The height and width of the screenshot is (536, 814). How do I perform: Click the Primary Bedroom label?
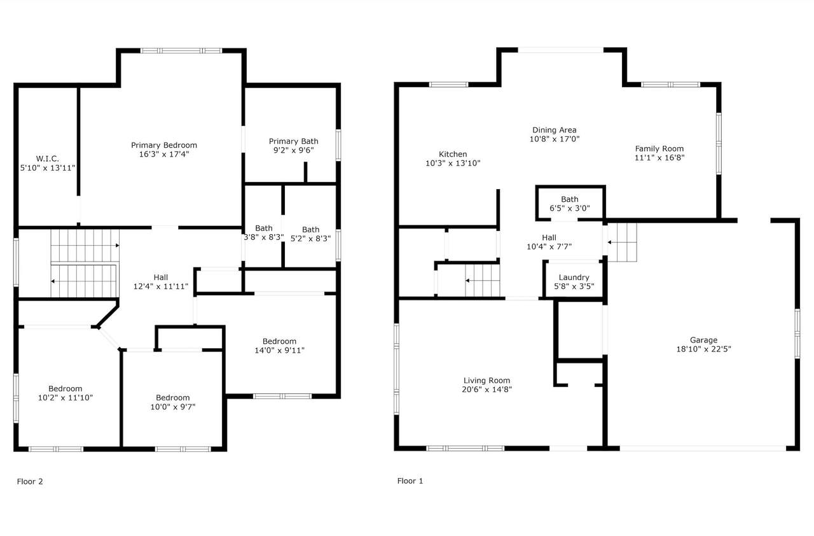tap(164, 145)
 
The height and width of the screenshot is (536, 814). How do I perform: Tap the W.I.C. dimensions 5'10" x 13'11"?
tap(47, 167)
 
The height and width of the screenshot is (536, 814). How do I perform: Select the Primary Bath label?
tap(293, 141)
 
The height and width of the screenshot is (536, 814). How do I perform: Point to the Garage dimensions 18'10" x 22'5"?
tap(703, 349)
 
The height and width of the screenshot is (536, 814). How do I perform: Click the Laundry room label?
tap(574, 278)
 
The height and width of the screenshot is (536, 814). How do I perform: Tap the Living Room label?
tap(486, 381)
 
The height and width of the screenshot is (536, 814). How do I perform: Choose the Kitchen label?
tap(453, 154)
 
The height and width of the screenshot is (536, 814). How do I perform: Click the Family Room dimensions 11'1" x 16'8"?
tap(659, 158)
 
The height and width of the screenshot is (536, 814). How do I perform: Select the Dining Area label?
tap(554, 130)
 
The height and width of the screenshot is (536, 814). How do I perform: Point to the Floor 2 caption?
tap(30, 481)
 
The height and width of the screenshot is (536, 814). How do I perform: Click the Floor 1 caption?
tap(410, 481)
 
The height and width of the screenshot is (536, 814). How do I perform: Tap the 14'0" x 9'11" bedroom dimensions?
tap(279, 350)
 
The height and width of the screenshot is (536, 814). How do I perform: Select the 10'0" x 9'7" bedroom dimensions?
tap(173, 407)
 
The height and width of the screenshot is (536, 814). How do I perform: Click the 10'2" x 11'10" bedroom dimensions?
tap(66, 398)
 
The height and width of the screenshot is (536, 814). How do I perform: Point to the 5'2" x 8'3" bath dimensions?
tap(311, 239)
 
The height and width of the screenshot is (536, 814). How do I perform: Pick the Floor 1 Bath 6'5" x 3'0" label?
tap(569, 204)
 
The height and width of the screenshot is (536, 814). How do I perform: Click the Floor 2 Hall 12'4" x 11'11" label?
tap(161, 282)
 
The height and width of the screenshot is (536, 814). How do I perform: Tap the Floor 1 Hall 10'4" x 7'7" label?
tap(549, 242)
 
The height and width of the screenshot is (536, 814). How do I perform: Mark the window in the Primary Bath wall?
tap(338, 145)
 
